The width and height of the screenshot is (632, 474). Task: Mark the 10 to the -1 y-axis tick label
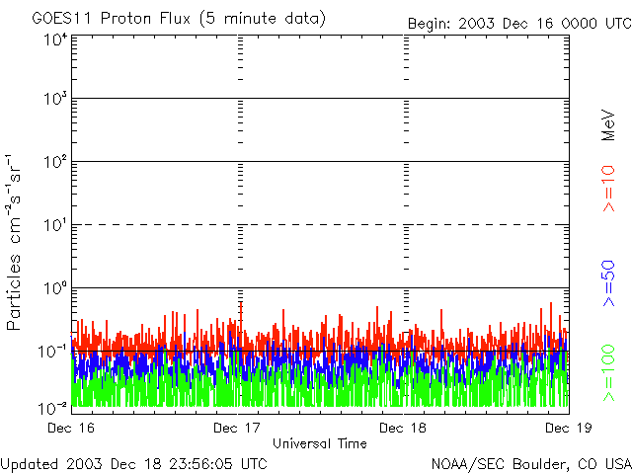tap(53, 351)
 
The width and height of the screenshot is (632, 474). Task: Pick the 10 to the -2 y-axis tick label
tap(53, 408)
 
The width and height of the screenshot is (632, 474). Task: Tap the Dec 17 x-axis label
tap(237, 428)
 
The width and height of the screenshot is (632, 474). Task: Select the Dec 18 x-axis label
tap(403, 428)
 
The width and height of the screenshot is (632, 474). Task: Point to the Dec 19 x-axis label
tap(569, 428)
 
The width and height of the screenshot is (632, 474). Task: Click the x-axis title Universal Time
tap(320, 443)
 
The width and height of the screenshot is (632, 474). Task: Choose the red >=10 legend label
tap(609, 189)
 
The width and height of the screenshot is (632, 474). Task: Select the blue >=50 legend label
tap(609, 283)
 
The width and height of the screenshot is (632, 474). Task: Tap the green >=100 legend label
tap(609, 371)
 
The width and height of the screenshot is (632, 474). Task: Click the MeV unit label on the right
tap(609, 124)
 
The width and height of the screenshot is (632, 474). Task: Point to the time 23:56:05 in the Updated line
tap(201, 463)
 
